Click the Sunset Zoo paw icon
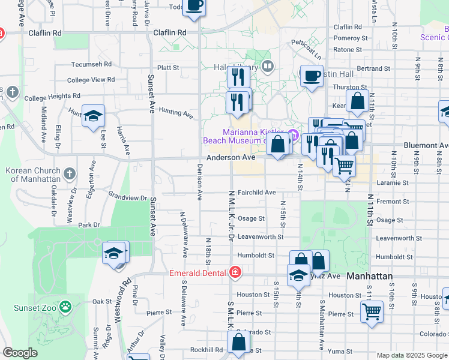tap(65, 308)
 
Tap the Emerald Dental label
tap(197, 273)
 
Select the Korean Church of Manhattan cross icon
tap(70, 175)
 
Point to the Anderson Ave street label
tap(231, 157)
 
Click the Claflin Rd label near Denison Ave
tap(170, 33)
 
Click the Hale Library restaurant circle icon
tap(268, 66)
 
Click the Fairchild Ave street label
tap(256, 193)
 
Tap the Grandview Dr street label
tap(127, 197)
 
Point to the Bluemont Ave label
tap(426, 145)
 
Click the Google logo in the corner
tap(20, 353)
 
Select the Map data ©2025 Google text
tap(412, 355)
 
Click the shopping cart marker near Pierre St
tap(372, 311)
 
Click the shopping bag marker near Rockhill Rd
tap(238, 343)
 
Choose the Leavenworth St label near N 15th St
tap(261, 237)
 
